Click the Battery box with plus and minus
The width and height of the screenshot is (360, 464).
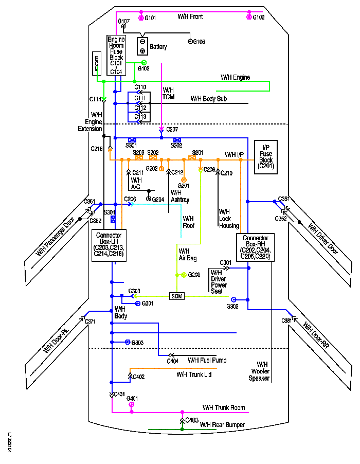(x=142, y=46)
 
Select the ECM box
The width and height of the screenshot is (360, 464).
(x=96, y=62)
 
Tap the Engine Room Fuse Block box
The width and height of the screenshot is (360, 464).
(x=116, y=55)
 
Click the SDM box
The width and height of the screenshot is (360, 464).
(x=177, y=296)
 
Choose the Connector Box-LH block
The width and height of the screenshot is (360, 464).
(x=109, y=245)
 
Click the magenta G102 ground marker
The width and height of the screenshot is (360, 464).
(x=249, y=17)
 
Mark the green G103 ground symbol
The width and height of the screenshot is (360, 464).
(x=145, y=62)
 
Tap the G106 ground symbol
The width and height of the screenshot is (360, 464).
(x=189, y=41)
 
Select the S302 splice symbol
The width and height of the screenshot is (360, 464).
(x=177, y=140)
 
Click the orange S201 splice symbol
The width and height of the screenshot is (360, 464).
(x=192, y=158)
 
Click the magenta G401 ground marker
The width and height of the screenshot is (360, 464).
(x=132, y=405)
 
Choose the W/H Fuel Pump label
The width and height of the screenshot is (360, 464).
(x=207, y=360)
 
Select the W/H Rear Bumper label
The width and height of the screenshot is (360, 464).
(x=222, y=424)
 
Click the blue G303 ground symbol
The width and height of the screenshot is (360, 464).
(x=128, y=342)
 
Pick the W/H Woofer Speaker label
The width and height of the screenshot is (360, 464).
(x=263, y=371)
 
